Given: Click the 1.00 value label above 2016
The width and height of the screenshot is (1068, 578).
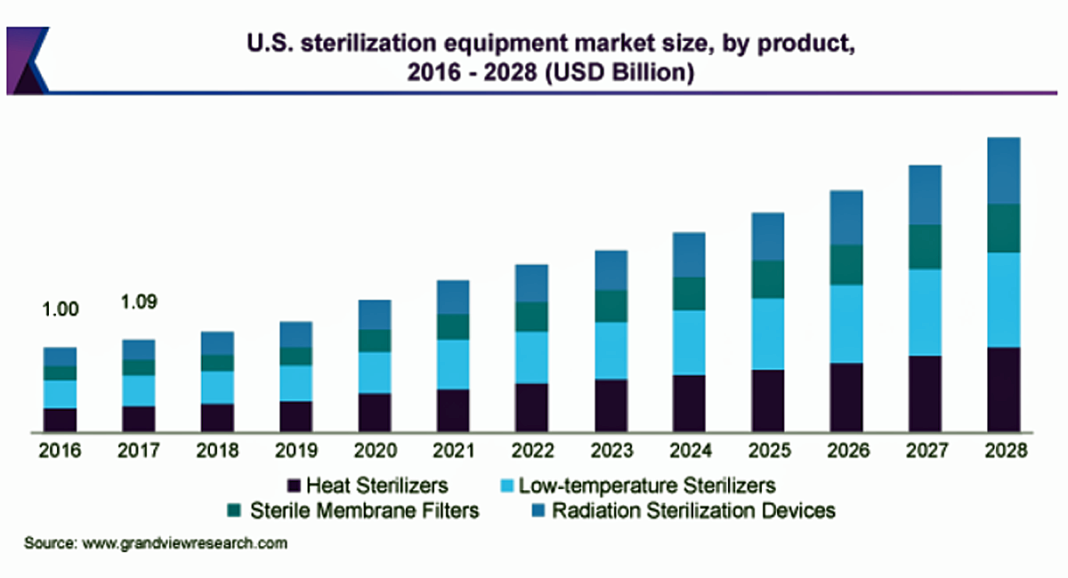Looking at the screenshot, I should pos(61,309).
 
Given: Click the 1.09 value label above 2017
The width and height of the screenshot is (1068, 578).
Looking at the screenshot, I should pos(139,302).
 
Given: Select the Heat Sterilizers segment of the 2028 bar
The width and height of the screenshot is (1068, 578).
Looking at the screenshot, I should pos(1003,389).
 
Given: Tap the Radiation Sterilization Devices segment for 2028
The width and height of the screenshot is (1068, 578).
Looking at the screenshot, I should pos(1003,171).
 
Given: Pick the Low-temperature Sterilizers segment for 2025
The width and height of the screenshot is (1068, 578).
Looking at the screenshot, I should pos(767,333).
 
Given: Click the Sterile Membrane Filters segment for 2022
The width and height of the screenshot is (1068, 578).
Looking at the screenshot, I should pos(531,317).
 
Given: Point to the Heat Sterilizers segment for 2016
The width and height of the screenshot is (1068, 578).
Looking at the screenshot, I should pos(60,421).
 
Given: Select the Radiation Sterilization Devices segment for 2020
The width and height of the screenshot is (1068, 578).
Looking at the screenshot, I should pos(375,315).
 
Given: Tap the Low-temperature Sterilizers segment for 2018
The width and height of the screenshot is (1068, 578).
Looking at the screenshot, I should pos(217,388).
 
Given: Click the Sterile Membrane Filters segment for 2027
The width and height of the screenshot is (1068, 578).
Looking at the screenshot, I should pos(925,247).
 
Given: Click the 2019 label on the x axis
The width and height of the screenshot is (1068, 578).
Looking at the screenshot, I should pos(295,451).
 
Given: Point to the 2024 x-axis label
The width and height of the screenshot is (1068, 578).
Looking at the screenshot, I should pos(689,451).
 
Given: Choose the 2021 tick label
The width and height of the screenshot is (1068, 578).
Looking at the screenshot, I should pos(453,451).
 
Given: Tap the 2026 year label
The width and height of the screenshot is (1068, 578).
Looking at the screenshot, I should pos(845,451).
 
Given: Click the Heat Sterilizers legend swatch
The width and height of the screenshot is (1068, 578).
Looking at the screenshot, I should pos(294,486).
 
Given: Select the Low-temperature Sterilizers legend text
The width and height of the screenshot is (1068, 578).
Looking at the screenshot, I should pos(647,486).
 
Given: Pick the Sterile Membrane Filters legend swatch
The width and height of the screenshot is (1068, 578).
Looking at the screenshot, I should pos(234,510).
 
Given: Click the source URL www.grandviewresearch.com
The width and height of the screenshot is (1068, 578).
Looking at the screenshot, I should pos(185,542).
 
